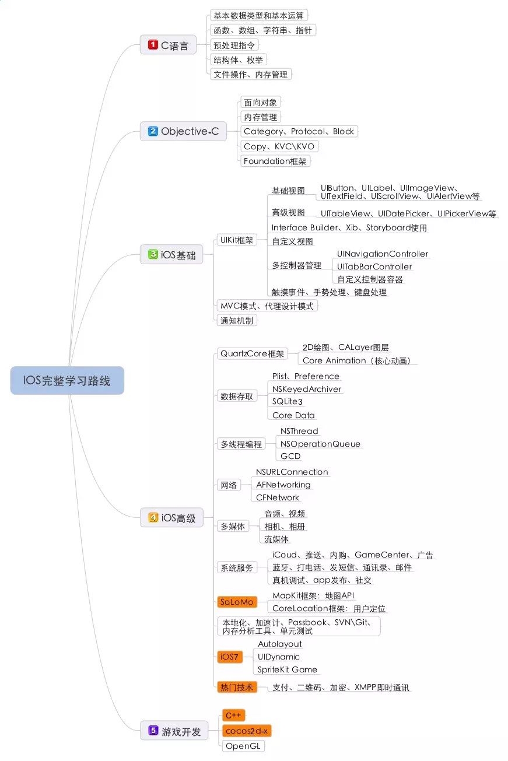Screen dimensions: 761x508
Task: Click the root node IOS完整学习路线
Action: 67,380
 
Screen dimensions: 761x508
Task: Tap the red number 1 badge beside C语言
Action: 153,44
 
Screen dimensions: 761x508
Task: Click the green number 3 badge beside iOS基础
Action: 153,254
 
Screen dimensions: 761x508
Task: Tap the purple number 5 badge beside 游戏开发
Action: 153,730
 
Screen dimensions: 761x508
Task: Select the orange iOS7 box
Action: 229,657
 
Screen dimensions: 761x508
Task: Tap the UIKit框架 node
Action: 236,240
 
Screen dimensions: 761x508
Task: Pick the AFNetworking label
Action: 283,485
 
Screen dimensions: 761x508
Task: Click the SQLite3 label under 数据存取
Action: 288,401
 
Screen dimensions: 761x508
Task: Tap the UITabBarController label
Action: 374,266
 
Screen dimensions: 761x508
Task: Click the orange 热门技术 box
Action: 236,687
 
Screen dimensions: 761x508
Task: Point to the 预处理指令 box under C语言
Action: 234,44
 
